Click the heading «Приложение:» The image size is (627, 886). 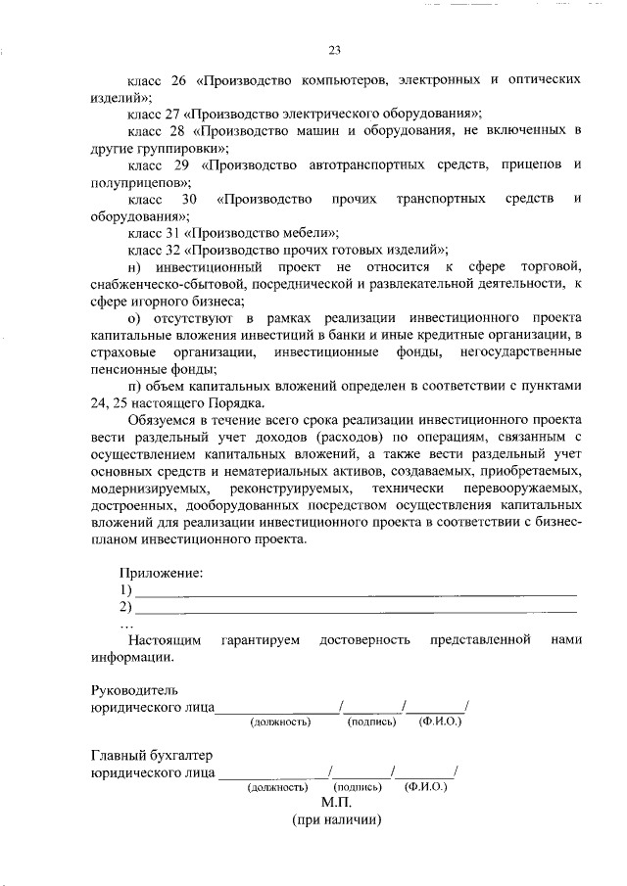pyautogui.click(x=161, y=573)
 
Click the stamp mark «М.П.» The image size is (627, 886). pyautogui.click(x=334, y=802)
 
